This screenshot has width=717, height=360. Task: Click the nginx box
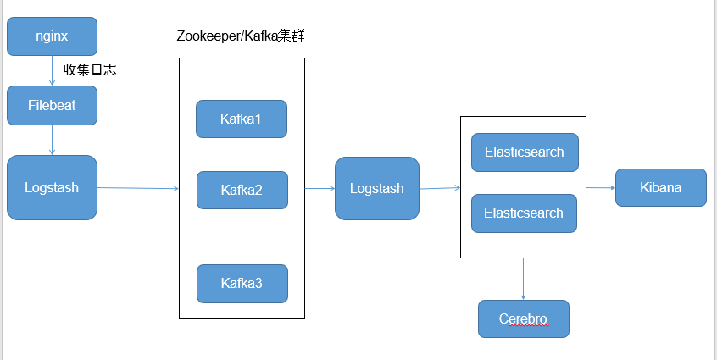(52, 36)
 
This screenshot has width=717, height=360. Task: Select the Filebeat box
(52, 105)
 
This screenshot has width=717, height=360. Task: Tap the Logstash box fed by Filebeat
(52, 187)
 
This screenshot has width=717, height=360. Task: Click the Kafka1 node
(242, 119)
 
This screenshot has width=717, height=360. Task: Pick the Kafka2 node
(242, 190)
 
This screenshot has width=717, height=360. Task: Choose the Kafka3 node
(242, 283)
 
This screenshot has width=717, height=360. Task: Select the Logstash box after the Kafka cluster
(377, 188)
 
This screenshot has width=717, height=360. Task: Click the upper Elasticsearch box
(524, 152)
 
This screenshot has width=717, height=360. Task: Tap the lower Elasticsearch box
(524, 213)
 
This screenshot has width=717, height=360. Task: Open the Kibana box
(660, 187)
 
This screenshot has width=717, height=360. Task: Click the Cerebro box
(523, 319)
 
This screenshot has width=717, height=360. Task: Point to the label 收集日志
(90, 70)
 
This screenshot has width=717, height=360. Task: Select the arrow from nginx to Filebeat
(53, 70)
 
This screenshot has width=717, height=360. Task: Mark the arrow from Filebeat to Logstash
(53, 140)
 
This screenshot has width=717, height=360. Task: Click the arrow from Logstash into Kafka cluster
(137, 188)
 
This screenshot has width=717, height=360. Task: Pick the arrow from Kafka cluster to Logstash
(320, 188)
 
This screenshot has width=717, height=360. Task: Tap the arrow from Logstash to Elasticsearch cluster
(439, 188)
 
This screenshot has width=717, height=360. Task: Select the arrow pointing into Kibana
(600, 187)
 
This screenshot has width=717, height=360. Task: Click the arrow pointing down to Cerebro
(523, 279)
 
